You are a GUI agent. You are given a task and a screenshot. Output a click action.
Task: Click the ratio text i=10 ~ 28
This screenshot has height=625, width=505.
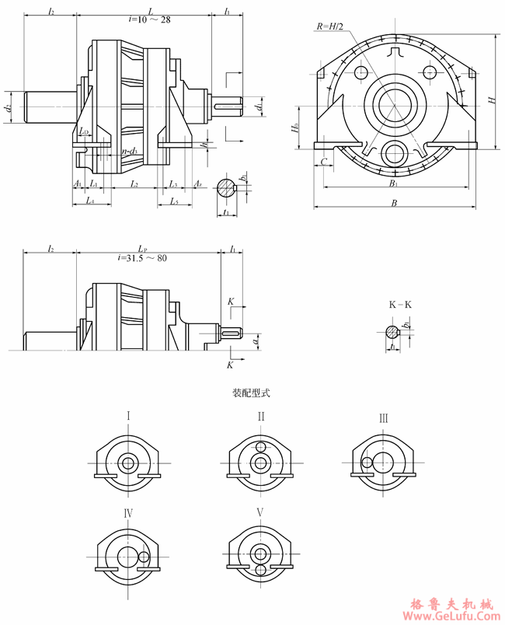(x=148, y=19)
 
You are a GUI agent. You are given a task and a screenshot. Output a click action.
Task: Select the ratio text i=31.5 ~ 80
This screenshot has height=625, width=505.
(x=142, y=258)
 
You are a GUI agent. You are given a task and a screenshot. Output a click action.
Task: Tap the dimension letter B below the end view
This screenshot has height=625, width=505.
(x=395, y=203)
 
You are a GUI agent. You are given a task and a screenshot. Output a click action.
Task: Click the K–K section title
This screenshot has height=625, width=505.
(x=400, y=305)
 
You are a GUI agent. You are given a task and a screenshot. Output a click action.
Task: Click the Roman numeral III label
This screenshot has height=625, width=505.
(x=383, y=418)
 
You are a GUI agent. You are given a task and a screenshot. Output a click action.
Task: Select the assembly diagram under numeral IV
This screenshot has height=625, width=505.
(x=128, y=555)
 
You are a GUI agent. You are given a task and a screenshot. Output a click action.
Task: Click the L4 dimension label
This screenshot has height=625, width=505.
(x=91, y=201)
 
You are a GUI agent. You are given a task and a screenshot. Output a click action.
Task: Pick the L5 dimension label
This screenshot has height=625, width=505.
(x=174, y=201)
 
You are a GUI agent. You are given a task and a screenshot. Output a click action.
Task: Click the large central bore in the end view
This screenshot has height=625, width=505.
(x=395, y=103)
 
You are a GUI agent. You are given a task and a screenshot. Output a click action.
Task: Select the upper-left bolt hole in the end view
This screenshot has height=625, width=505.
(x=360, y=72)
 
